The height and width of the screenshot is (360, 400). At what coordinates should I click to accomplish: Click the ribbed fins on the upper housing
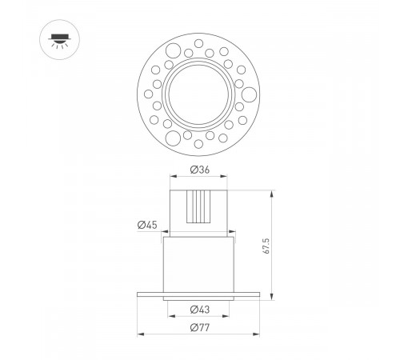point(199,208)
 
